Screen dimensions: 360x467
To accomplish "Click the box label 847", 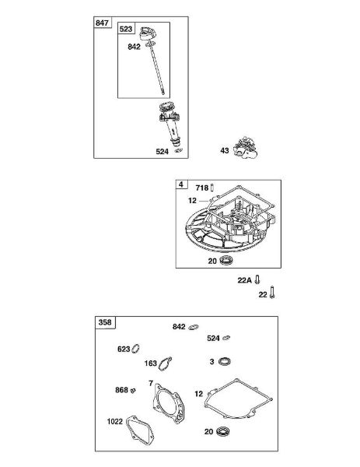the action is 102,23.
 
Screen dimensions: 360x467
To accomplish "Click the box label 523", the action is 126,29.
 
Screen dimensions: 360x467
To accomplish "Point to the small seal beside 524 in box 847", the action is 178,150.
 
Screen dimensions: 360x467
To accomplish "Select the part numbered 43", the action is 246,148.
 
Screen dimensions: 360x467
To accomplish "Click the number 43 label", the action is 225,150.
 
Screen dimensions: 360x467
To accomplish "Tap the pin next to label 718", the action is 212,188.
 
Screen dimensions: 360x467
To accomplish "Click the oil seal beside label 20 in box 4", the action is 226,261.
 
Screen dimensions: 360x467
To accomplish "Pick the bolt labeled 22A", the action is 257,279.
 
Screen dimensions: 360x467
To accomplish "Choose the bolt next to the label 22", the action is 272,292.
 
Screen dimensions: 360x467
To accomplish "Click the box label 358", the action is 105,322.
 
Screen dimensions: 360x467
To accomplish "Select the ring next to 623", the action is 136,349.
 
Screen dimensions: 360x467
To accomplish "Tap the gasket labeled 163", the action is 165,363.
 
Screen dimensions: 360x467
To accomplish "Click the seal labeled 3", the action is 225,362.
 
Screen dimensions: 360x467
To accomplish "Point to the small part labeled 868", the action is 133,390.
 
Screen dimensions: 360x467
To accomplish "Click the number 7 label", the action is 151,383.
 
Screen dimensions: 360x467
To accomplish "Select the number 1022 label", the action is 115,421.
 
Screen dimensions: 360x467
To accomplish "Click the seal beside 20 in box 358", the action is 223,431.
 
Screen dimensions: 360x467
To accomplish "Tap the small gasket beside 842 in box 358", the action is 194,327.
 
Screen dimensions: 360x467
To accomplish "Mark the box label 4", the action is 181,184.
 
